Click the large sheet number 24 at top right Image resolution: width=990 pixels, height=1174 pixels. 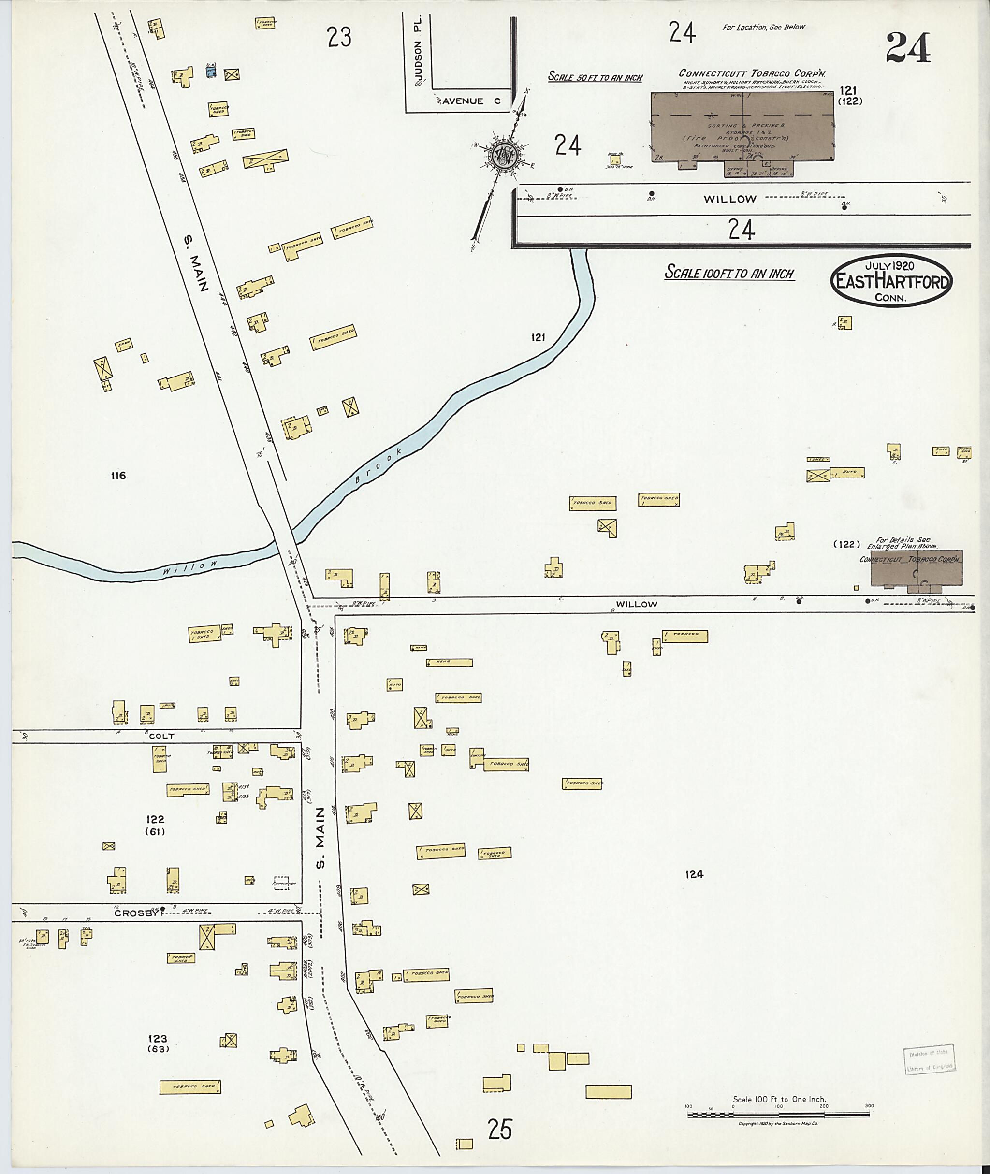click(x=909, y=48)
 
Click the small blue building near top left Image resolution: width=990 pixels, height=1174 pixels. click(x=211, y=71)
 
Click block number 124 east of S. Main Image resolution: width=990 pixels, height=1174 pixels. click(x=694, y=874)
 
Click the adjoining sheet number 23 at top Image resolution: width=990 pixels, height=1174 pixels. click(x=339, y=38)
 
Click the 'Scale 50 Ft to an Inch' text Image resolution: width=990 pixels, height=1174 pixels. click(x=595, y=77)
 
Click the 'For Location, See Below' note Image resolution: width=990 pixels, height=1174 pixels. click(x=763, y=27)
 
